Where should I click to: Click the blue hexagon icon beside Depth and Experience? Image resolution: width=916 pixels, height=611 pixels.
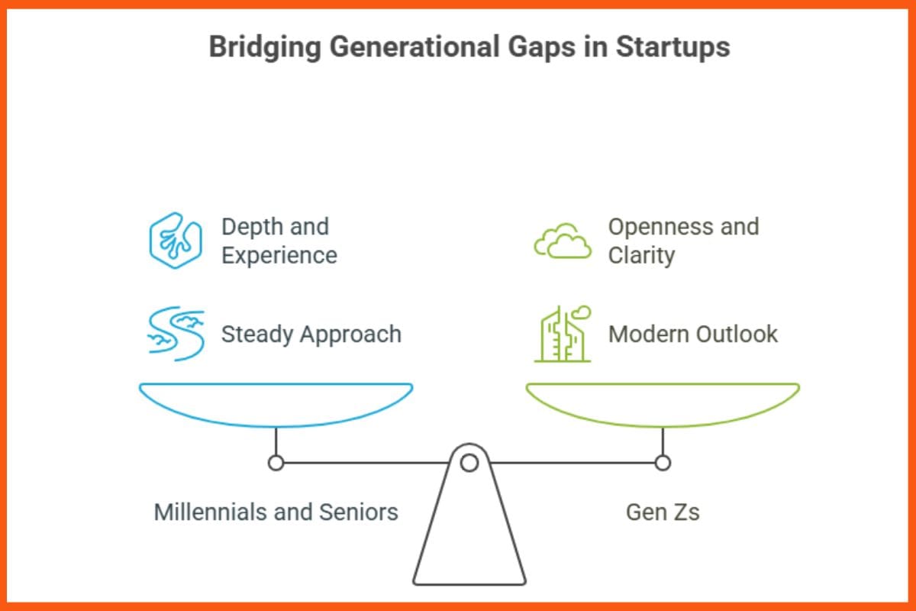[x=175, y=241]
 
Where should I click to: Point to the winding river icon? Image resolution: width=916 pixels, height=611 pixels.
[x=175, y=335]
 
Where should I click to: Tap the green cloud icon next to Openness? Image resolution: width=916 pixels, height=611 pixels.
[x=563, y=243]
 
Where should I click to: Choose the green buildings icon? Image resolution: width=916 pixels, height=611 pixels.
[x=563, y=335]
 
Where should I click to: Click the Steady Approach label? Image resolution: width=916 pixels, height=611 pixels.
[x=311, y=335]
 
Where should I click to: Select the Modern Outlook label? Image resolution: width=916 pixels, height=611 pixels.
[x=692, y=335]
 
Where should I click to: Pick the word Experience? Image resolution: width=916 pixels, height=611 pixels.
[x=279, y=255]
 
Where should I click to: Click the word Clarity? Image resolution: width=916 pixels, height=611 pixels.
[x=641, y=255]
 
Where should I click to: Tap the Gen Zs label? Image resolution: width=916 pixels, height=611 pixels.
[x=663, y=512]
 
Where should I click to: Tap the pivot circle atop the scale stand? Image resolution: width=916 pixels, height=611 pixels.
[x=469, y=462]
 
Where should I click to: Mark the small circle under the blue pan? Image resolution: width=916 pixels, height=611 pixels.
[x=276, y=462]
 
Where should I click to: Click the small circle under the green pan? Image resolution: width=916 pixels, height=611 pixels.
[x=663, y=462]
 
